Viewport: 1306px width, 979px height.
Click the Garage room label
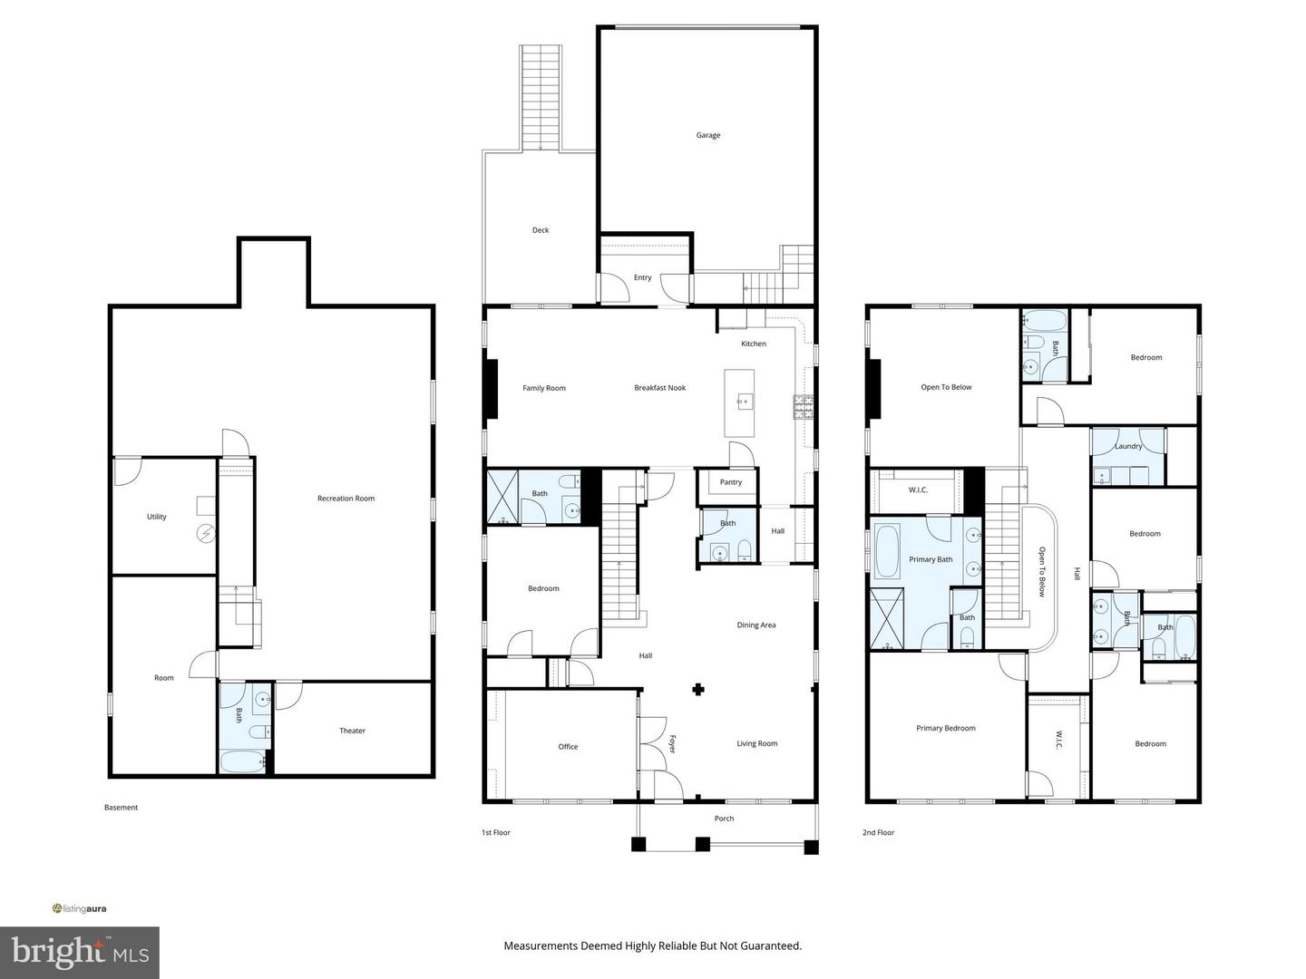coord(708,136)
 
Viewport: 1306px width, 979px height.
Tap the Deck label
coord(541,230)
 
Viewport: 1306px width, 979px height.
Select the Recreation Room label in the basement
coord(346,499)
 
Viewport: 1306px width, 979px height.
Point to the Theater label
coord(352,731)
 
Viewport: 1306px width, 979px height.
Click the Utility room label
coord(157,517)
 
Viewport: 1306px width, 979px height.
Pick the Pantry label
coord(731,482)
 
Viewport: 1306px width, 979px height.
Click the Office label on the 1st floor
coord(568,747)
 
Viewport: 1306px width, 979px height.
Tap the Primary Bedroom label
coord(945,728)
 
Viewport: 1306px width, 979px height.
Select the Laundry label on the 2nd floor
coord(1128,446)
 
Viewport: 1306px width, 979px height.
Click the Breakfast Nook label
coord(660,388)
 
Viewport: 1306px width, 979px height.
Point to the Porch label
coord(724,819)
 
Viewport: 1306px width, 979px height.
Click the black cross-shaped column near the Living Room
coord(698,690)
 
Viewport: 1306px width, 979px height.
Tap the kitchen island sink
coord(743,402)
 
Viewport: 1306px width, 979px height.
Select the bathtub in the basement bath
coord(243,762)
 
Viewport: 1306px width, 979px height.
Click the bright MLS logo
coord(79,952)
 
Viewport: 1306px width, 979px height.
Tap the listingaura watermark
coord(79,908)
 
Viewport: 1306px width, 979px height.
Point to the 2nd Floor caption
coord(878,832)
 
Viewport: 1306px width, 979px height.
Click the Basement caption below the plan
coord(121,807)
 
